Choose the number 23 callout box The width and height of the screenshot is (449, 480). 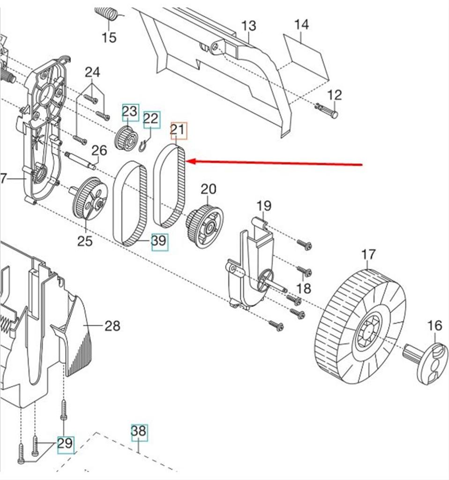(x=130, y=112)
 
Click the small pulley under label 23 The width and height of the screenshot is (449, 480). (x=126, y=138)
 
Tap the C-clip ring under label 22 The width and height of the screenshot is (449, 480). (x=145, y=146)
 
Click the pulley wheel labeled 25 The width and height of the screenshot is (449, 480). (x=90, y=198)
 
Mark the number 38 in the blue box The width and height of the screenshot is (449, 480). (x=139, y=431)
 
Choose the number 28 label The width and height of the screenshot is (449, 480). (x=112, y=325)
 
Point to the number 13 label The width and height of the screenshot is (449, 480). (x=248, y=26)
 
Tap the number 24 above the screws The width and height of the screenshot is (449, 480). (x=92, y=72)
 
